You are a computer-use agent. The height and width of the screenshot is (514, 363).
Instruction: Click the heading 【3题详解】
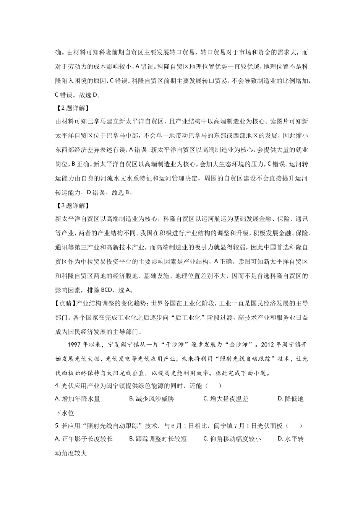tap(72, 206)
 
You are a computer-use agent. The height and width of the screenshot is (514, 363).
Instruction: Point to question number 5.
tap(57, 426)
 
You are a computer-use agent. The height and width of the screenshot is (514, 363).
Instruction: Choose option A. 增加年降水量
tap(78, 399)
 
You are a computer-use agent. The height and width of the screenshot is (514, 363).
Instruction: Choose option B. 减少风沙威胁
tap(152, 399)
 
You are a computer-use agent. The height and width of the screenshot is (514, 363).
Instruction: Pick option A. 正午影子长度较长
tap(84, 439)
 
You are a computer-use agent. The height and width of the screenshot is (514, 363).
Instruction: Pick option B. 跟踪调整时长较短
tap(158, 439)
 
